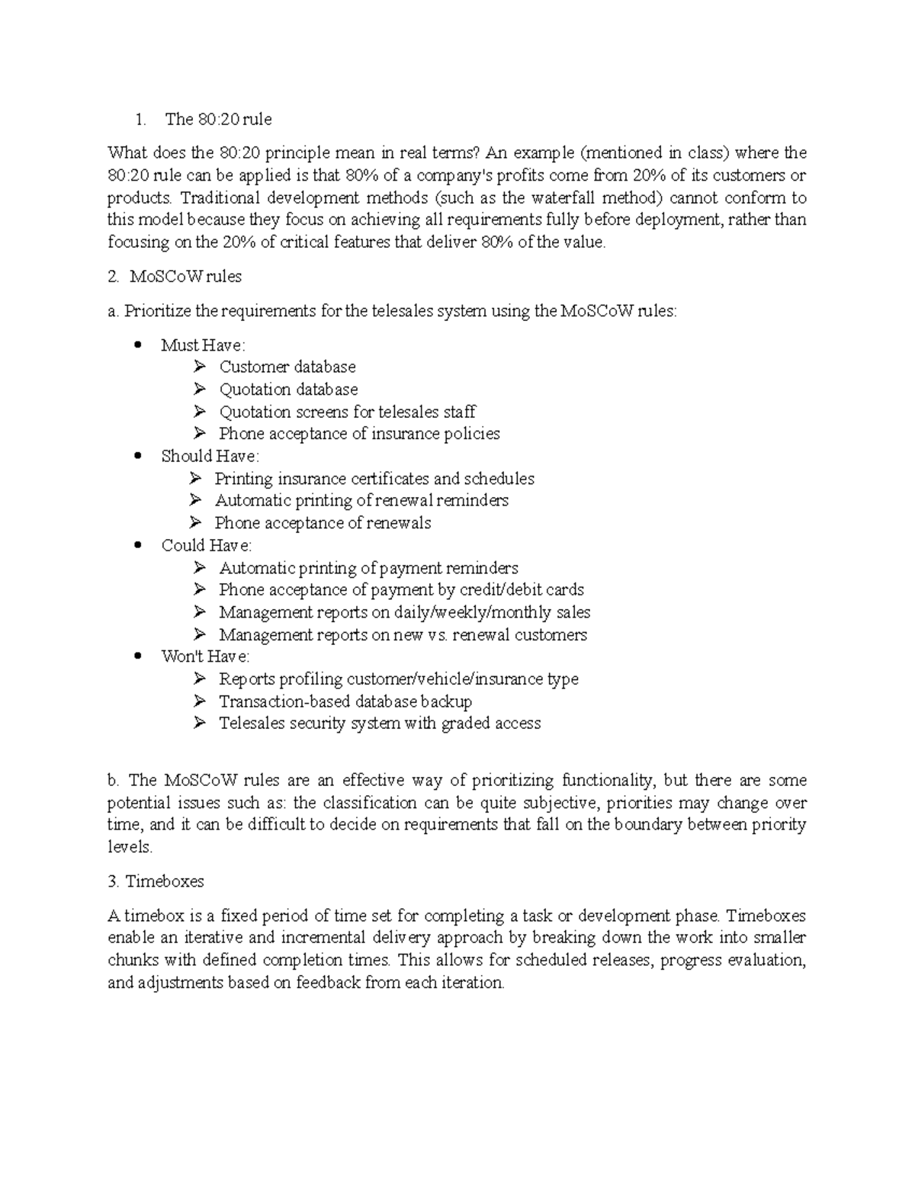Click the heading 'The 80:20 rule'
coord(218,119)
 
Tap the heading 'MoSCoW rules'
coord(185,277)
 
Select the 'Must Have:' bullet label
coord(203,345)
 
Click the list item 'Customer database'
coord(287,367)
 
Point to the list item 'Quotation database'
coord(288,390)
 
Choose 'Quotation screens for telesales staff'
coord(347,412)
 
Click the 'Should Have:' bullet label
coord(210,456)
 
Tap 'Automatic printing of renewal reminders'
coord(361,501)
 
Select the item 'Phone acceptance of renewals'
coord(323,523)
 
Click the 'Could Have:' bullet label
coord(206,546)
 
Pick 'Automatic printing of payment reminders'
coord(368,568)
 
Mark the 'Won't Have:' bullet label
coord(205,656)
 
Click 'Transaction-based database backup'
coord(345,701)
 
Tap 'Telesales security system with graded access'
coord(380,724)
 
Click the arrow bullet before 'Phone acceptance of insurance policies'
coord(200,434)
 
